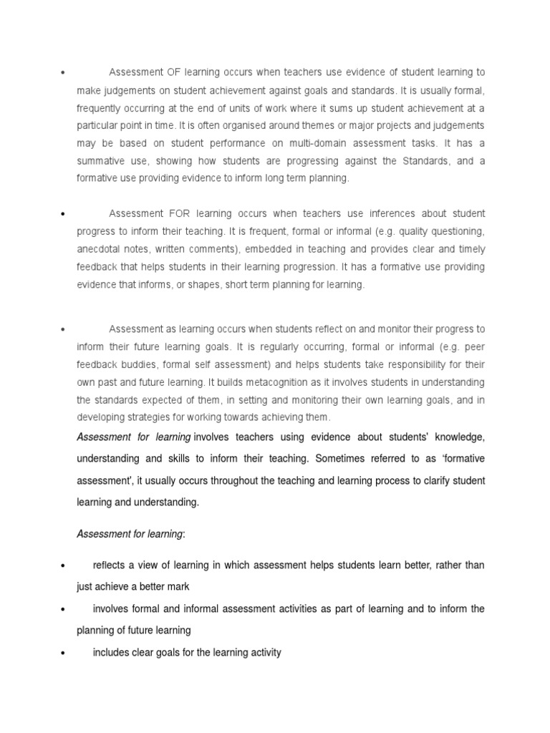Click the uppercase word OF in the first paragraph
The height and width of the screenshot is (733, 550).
174,72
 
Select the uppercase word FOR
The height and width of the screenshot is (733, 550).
177,214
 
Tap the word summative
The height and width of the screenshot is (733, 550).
99,161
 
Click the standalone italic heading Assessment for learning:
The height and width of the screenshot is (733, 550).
130,534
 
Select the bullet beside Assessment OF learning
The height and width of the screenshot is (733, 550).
64,73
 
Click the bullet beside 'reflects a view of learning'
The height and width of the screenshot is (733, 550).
64,566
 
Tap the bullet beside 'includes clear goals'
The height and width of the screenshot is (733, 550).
64,654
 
